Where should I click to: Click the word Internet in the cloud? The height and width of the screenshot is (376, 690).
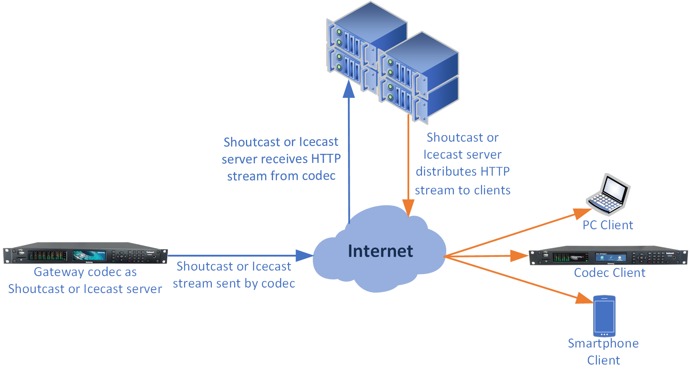pos(380,251)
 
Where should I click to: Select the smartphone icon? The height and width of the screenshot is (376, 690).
pos(604,316)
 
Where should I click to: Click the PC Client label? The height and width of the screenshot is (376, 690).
pos(607,225)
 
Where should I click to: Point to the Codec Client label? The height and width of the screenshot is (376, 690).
pos(610,273)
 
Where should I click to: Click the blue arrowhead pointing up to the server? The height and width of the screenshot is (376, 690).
pos(349,89)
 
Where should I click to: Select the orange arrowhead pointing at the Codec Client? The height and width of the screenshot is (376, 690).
pos(519,256)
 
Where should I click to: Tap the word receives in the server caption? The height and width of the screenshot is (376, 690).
pos(285,159)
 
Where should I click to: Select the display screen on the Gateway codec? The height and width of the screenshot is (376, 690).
pos(89,255)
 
